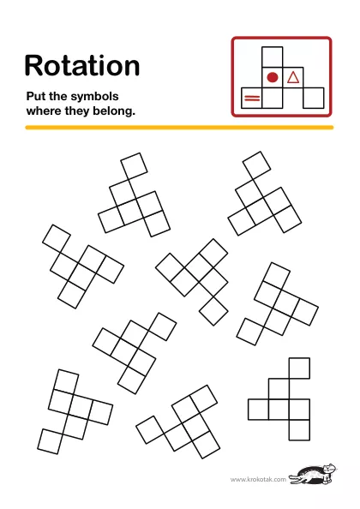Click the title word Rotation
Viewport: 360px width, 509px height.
pyautogui.click(x=82, y=66)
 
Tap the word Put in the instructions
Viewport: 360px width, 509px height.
pyautogui.click(x=36, y=96)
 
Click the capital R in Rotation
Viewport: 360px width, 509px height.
pyautogui.click(x=33, y=66)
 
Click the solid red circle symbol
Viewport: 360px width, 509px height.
pyautogui.click(x=273, y=77)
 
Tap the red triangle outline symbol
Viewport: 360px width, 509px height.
pyautogui.click(x=293, y=78)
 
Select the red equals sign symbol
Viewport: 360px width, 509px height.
pyautogui.click(x=252, y=98)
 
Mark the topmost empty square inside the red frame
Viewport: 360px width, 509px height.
pyautogui.click(x=272, y=57)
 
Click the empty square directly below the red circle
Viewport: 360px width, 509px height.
pyautogui.click(x=272, y=98)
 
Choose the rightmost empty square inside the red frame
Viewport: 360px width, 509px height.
pyautogui.click(x=313, y=98)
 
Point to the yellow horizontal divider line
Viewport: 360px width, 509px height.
pyautogui.click(x=179, y=128)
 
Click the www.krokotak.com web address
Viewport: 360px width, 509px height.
pyautogui.click(x=258, y=480)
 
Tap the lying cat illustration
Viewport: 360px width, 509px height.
pyautogui.click(x=313, y=474)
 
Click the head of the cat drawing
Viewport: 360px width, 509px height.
pyautogui.click(x=330, y=469)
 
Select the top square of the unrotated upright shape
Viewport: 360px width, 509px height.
pyautogui.click(x=299, y=368)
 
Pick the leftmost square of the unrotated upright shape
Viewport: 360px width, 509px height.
pyautogui.click(x=258, y=410)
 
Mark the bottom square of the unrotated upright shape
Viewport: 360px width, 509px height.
pyautogui.click(x=299, y=430)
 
